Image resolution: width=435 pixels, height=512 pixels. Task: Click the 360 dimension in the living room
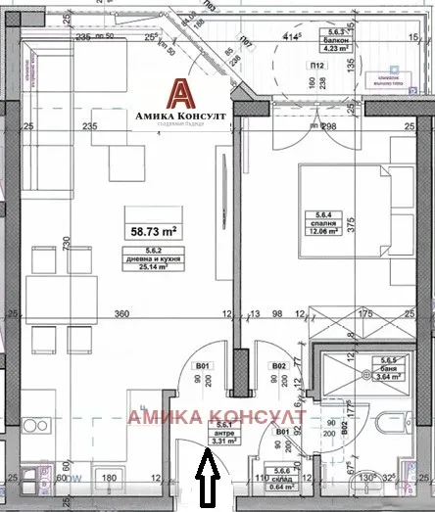coord(123,314)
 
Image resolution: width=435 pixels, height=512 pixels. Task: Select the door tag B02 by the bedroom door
coord(277,368)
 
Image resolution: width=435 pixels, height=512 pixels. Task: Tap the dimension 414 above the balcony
coord(291,37)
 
